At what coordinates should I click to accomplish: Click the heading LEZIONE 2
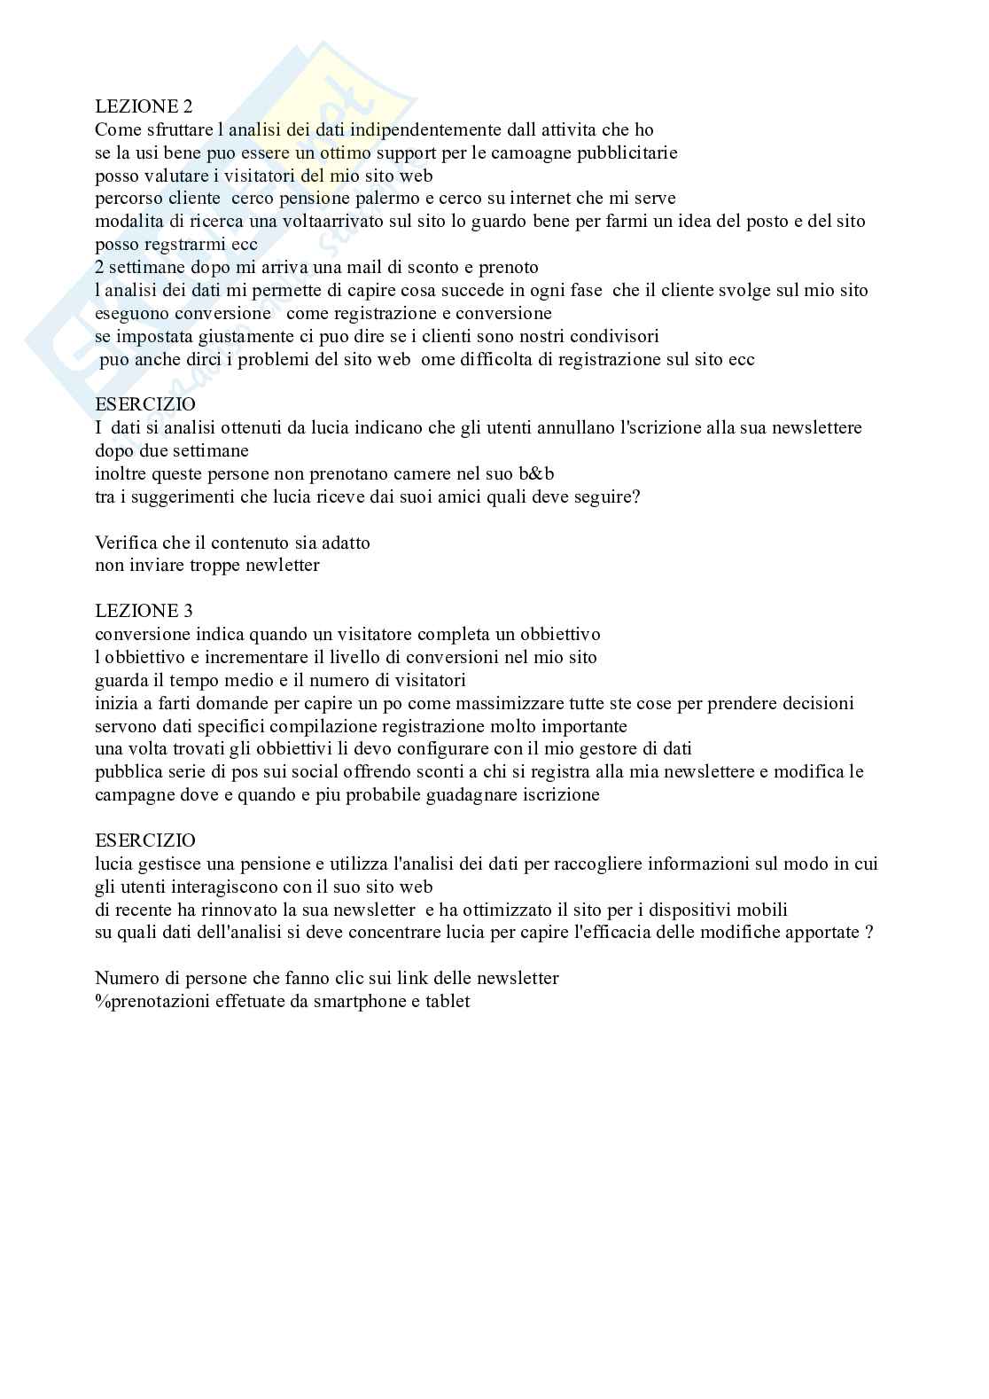click(x=144, y=107)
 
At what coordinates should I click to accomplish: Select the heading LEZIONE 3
click(x=144, y=611)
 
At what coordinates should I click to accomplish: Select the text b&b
click(x=536, y=473)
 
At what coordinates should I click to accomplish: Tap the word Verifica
click(x=126, y=543)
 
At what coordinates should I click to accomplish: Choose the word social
click(x=290, y=772)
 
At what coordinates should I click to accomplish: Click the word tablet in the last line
click(x=448, y=1002)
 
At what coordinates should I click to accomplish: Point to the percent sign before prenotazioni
click(x=100, y=1002)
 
